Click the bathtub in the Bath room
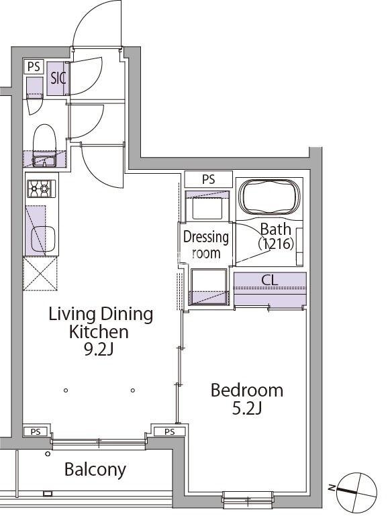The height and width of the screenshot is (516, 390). tap(269, 197)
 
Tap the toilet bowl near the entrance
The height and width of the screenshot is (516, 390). tap(44, 138)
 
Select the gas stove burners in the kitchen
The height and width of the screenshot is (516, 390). tap(41, 189)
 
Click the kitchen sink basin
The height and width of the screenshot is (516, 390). tap(43, 239)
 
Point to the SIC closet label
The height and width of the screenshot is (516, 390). tap(58, 79)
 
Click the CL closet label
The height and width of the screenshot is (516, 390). tap(270, 280)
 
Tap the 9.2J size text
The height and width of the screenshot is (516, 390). tap(99, 350)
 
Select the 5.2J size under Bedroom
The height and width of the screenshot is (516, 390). tap(247, 409)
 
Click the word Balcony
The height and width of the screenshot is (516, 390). tap(95, 469)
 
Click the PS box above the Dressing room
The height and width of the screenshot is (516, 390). tap(208, 179)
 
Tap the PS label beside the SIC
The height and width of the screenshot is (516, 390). tap(34, 66)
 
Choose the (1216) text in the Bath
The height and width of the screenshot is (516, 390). tap(276, 244)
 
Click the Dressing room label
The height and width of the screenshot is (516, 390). tap(205, 245)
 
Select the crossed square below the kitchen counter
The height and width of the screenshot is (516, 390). tap(40, 274)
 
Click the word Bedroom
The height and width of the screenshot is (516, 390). tap(247, 391)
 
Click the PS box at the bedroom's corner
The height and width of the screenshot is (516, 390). tap(170, 431)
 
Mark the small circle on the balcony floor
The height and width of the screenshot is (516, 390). tap(48, 454)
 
